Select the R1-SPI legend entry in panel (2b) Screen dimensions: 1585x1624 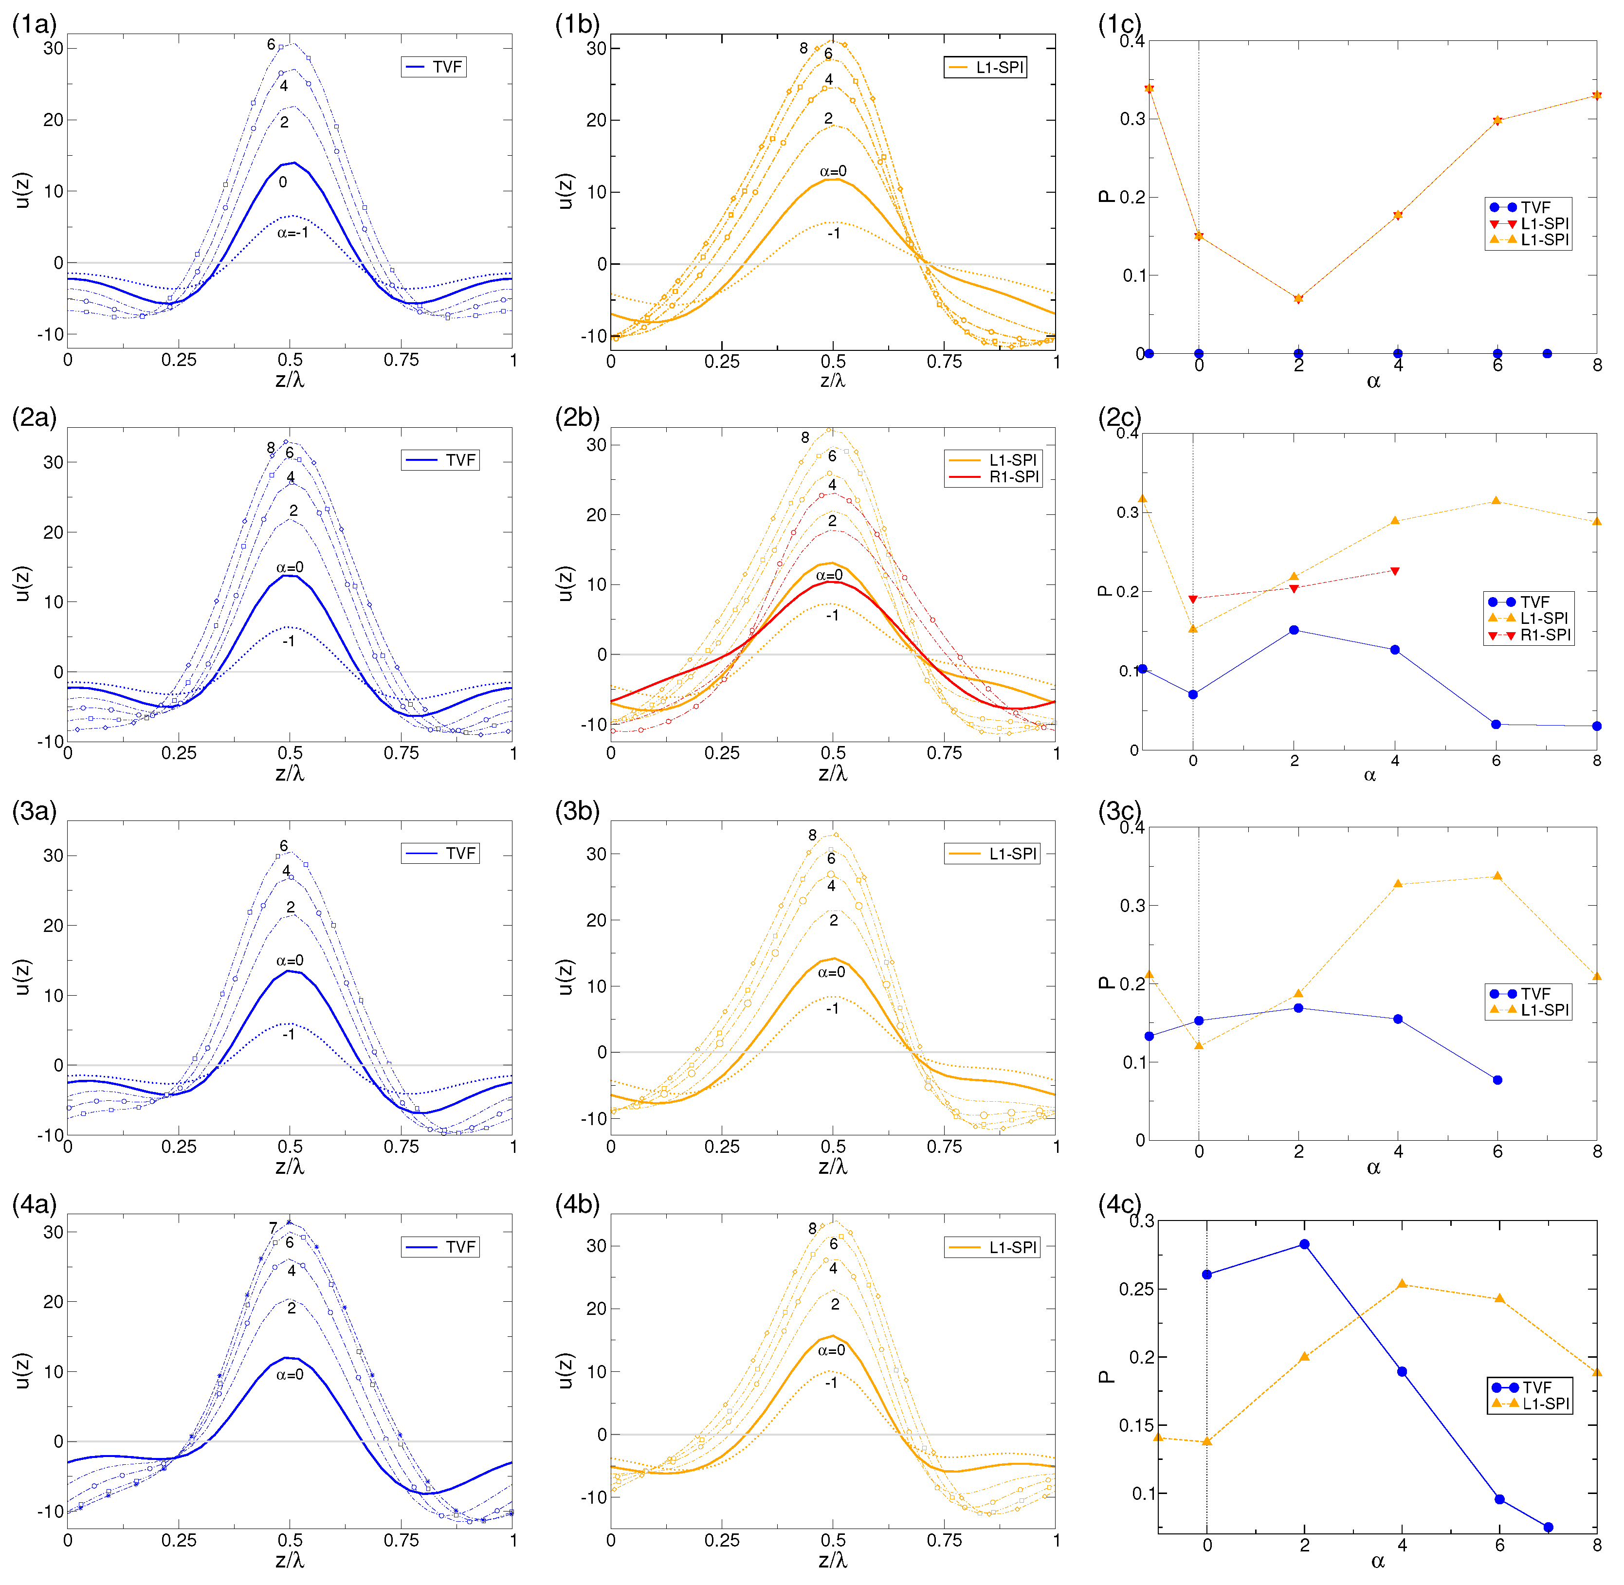point(996,477)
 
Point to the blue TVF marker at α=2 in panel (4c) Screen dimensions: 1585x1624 point(1304,1244)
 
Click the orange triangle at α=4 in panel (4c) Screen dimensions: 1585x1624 point(1402,1284)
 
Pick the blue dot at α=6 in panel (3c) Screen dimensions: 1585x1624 point(1497,1080)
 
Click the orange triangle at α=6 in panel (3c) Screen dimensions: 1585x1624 point(1497,876)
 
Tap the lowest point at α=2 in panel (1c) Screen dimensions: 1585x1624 point(1298,354)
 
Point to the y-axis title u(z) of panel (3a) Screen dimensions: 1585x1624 point(22,977)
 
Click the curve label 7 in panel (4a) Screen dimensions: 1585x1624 point(273,1228)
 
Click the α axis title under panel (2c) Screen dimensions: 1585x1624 point(1370,776)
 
